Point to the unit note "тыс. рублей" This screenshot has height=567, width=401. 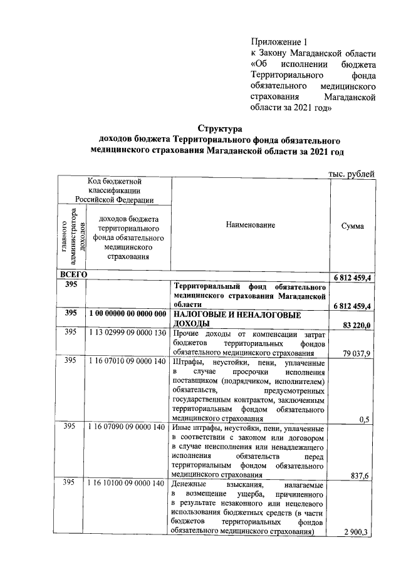(x=352, y=173)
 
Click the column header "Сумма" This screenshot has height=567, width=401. (x=353, y=226)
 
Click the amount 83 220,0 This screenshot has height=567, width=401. (x=357, y=325)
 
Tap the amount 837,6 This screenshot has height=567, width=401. (x=362, y=476)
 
